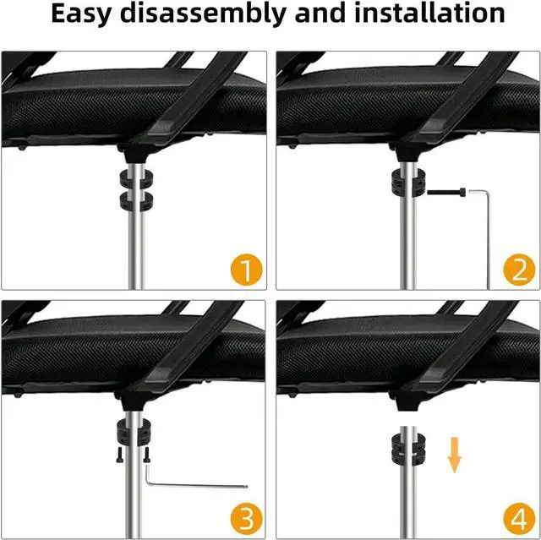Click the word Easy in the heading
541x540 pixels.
click(81, 14)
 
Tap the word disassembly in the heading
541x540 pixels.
click(204, 14)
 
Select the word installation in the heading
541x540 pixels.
click(429, 13)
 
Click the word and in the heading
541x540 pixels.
click(320, 13)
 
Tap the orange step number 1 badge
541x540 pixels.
click(246, 270)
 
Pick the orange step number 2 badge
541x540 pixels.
click(520, 270)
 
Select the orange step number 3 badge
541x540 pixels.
click(246, 519)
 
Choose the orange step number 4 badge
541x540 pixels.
click(520, 519)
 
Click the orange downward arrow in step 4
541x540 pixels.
click(455, 455)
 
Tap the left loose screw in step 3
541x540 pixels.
click(119, 455)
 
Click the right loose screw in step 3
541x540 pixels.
click(146, 455)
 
